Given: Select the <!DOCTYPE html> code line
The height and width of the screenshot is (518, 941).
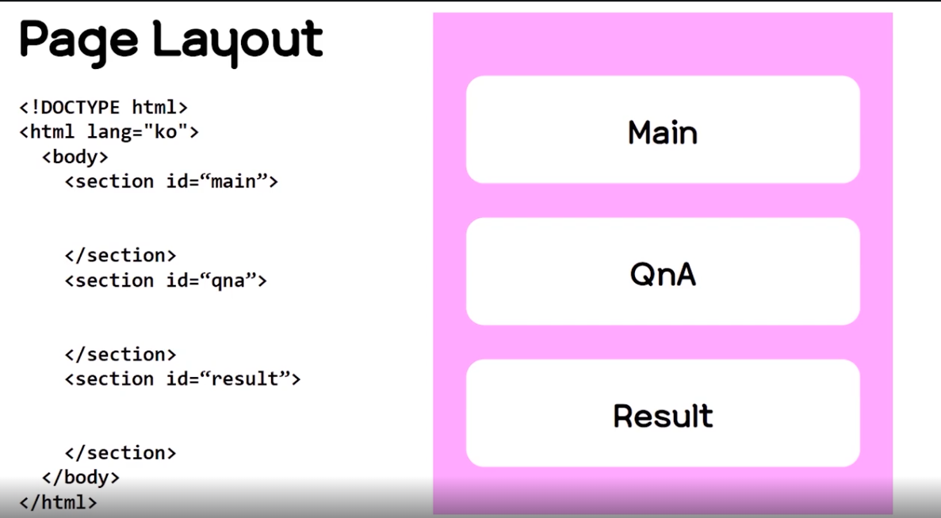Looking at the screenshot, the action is (x=103, y=107).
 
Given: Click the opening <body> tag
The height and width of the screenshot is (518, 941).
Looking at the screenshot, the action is (x=75, y=156).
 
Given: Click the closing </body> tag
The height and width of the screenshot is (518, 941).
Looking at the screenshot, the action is (x=80, y=478).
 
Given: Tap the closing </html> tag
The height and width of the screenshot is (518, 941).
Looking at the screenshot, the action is (x=58, y=502).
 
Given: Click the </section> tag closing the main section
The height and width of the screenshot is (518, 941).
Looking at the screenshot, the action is (x=120, y=255).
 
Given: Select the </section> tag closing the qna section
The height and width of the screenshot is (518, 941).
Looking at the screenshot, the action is (x=120, y=354).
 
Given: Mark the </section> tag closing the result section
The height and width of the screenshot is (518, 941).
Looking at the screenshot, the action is (x=120, y=453).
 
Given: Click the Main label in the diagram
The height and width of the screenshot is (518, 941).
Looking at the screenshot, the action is (x=663, y=132).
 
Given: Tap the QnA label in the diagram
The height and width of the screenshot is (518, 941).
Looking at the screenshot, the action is (x=663, y=274).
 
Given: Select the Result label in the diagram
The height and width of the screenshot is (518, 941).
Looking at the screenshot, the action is (x=663, y=416).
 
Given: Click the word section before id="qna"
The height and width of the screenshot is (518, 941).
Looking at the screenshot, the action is (x=115, y=280).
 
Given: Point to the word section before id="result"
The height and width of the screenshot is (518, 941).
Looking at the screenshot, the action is (x=115, y=379).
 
